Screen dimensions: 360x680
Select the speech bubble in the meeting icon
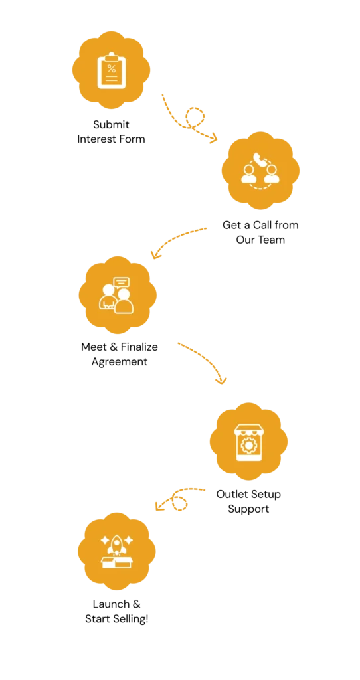pos(121,283)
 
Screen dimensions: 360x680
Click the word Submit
pos(111,125)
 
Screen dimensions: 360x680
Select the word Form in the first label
pos(133,139)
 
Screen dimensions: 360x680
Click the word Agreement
pos(120,362)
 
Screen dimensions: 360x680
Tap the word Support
pos(248,509)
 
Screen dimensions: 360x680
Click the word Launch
pos(111,604)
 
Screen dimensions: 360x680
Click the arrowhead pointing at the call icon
pos(213,138)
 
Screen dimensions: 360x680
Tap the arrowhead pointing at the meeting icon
pos(155,254)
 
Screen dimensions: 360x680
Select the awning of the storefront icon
pos(248,430)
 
